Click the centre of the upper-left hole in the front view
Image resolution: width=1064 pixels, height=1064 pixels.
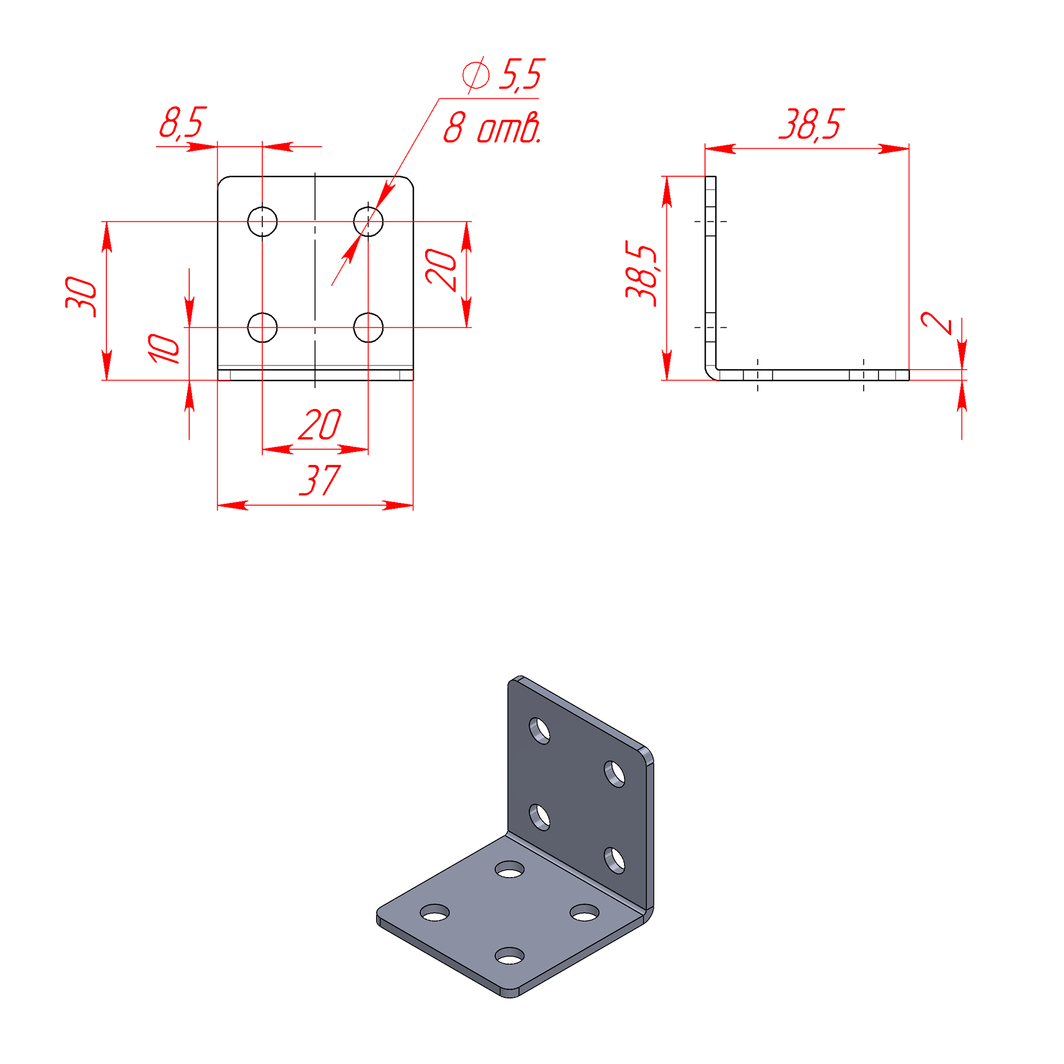[262, 221]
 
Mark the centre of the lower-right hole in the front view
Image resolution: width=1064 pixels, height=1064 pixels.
[368, 328]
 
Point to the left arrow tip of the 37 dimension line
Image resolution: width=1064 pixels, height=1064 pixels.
[218, 505]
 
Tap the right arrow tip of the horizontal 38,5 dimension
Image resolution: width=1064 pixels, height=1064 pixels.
[909, 149]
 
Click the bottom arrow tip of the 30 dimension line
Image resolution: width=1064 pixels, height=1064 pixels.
[107, 380]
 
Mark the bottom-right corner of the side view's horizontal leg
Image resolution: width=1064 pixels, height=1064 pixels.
[909, 380]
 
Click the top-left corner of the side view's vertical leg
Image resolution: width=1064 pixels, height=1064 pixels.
[705, 176]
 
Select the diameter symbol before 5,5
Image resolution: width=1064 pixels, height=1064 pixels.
[475, 75]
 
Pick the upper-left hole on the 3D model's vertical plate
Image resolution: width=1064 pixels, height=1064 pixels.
[540, 731]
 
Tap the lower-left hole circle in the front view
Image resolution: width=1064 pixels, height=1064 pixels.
[262, 328]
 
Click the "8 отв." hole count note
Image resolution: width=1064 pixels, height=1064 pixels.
[492, 128]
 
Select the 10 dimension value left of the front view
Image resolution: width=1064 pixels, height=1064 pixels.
[163, 349]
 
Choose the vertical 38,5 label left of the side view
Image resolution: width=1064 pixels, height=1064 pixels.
[642, 273]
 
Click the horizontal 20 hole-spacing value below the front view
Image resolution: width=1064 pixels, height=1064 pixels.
[320, 424]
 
